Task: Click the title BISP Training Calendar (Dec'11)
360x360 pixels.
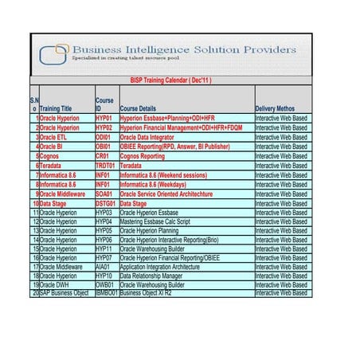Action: tap(170, 80)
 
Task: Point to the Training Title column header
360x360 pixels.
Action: tap(56, 108)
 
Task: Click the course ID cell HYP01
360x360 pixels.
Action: tap(104, 118)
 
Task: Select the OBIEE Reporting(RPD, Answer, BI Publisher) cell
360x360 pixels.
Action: tap(174, 147)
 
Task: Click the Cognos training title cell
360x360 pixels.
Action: tap(51, 156)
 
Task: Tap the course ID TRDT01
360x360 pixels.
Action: tap(105, 166)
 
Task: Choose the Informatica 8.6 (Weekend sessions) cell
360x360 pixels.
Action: tap(165, 175)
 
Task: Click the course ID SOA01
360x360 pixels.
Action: tap(104, 194)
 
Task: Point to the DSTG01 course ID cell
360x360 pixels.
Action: tap(105, 204)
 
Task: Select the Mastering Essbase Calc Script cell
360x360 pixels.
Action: tap(155, 222)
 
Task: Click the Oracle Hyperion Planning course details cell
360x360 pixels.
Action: tap(149, 231)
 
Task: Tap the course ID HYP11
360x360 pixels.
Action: tap(104, 248)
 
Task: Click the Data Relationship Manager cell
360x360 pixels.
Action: tap(151, 276)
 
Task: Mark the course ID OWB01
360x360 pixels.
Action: tap(104, 284)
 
